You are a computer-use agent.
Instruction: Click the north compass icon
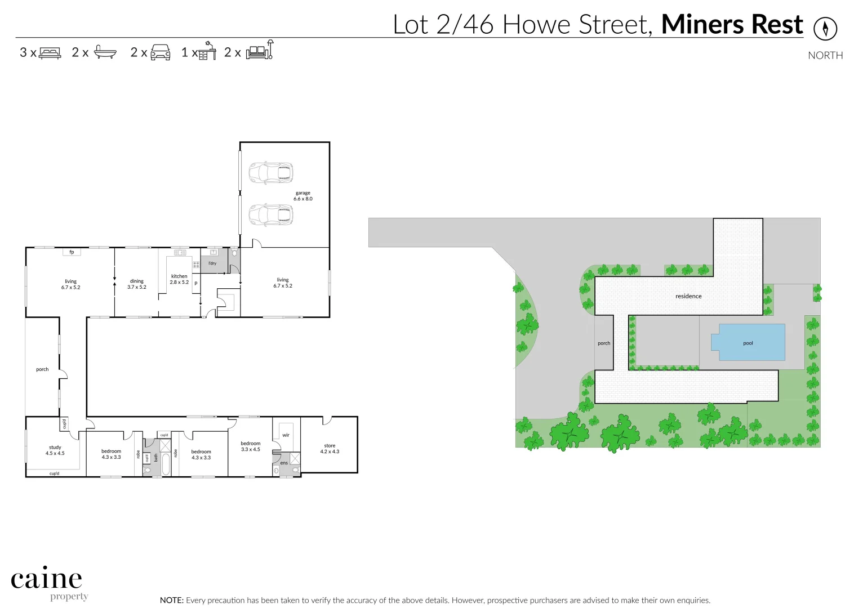point(825,28)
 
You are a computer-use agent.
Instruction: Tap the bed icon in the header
point(50,53)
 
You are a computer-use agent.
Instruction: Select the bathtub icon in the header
point(105,52)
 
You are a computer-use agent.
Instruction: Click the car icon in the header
point(161,52)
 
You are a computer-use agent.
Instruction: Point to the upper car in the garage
point(271,173)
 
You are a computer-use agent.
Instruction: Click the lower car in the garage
point(271,215)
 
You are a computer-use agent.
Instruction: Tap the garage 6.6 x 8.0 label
point(303,196)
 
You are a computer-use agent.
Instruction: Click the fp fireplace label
point(72,252)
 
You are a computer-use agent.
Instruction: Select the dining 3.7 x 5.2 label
point(137,284)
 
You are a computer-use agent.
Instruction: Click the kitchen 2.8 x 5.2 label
point(179,279)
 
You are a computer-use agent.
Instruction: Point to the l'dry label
point(212,263)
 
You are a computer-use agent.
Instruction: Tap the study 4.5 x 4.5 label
point(55,450)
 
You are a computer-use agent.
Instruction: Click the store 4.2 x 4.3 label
point(330,449)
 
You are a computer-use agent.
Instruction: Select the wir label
point(286,435)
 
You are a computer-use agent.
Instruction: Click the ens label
point(284,463)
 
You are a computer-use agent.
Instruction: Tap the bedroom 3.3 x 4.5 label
point(251,446)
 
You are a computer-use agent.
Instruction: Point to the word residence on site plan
point(688,296)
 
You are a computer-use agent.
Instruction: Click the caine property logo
point(47,583)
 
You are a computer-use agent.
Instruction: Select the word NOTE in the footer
point(171,600)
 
